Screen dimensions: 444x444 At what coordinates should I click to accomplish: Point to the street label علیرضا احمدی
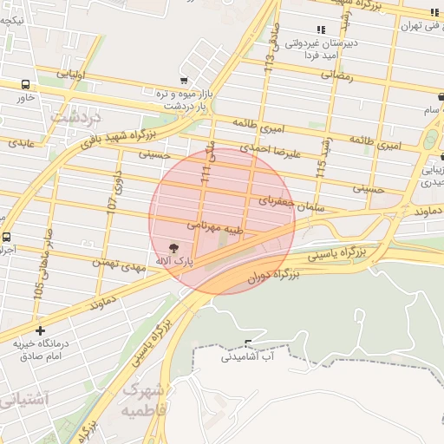click(x=270, y=150)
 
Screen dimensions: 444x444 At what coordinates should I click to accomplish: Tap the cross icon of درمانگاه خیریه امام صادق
click(x=40, y=330)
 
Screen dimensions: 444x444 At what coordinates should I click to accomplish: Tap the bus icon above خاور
click(x=26, y=85)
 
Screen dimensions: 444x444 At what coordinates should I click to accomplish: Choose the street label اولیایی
click(x=71, y=75)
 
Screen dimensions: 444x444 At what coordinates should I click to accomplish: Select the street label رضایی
click(x=336, y=75)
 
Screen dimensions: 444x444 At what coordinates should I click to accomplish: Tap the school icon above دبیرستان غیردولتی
click(x=322, y=29)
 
